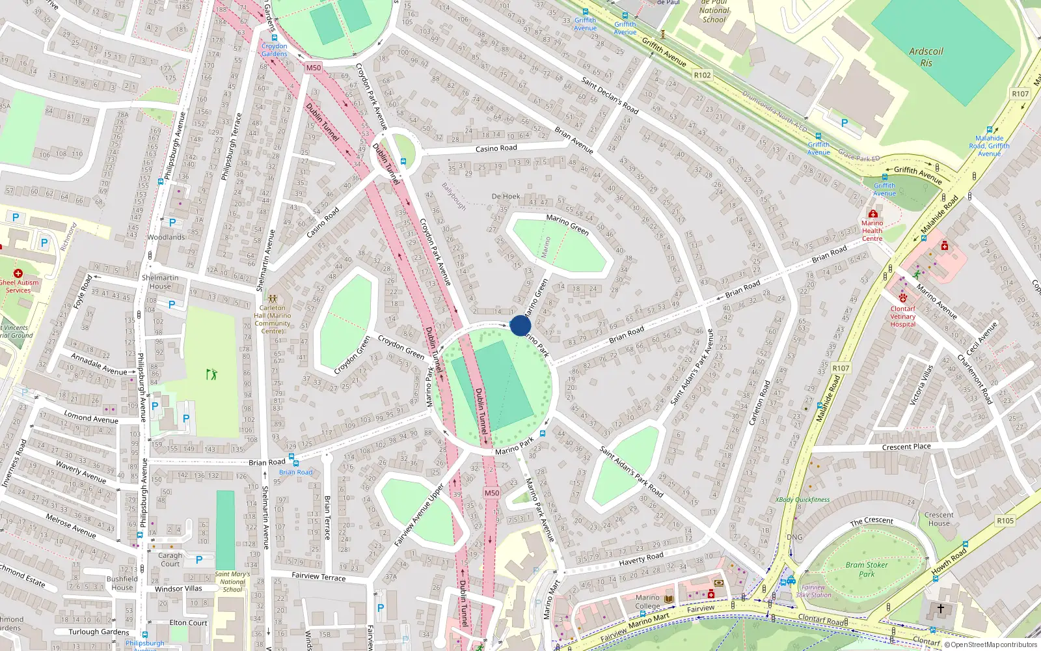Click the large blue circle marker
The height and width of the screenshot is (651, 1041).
pos(520,325)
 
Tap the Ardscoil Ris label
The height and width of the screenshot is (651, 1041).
pos(926,57)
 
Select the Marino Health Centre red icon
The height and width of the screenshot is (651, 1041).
pos(872,214)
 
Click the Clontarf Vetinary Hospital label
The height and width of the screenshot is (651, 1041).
pos(902,316)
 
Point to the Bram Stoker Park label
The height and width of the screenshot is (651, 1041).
pos(866,569)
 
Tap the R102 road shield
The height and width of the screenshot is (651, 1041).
pos(702,75)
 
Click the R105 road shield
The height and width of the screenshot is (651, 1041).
pos(1005,521)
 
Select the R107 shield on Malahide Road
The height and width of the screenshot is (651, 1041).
pos(841,368)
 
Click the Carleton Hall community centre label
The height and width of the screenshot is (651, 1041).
pos(272,319)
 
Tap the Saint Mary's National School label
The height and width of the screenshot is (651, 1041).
pos(232,581)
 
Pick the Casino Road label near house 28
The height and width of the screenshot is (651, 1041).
pos(496,148)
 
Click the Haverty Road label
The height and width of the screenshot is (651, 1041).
pos(641,559)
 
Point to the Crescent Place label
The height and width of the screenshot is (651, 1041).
pos(906,447)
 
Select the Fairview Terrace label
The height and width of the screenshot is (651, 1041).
pos(318,576)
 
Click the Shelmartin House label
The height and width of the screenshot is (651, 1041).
pos(160,282)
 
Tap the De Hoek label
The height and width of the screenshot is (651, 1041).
pos(506,196)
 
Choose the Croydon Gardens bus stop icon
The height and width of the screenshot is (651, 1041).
pos(275,38)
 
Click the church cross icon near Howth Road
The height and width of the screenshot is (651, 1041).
pos(940,609)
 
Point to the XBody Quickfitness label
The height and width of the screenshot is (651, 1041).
pos(802,500)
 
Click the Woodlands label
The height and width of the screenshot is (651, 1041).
pos(166,237)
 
